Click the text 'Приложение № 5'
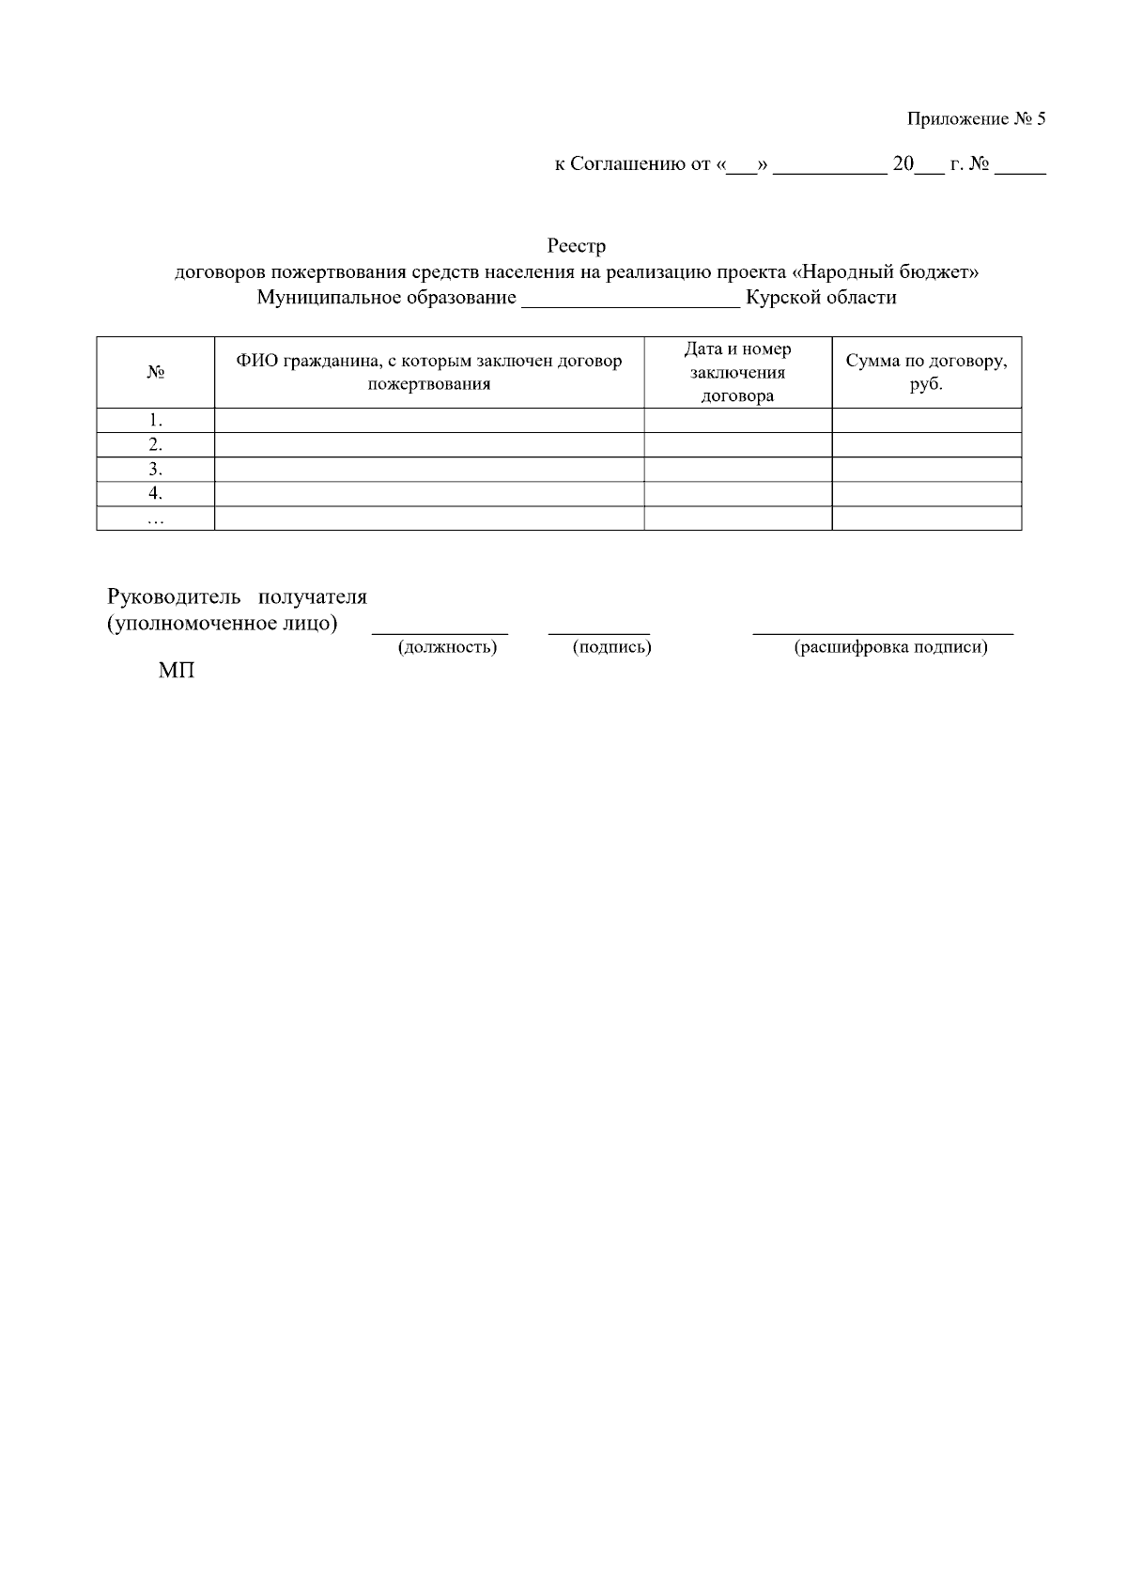pos(976,119)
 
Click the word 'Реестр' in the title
pos(577,246)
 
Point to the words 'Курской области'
pos(821,298)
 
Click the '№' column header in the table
pos(156,372)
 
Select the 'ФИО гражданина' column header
pos(429,372)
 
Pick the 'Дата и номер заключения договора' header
pos(738,372)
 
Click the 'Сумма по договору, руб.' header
pos(926,372)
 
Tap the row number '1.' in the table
pos(156,420)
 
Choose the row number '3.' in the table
pos(156,469)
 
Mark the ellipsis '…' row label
pos(156,518)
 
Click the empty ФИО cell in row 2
pos(429,444)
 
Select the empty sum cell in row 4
pos(926,493)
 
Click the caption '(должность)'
pos(447,647)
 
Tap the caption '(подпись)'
pos(611,647)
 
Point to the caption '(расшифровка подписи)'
pos(890,647)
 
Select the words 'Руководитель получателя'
pos(237,596)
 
